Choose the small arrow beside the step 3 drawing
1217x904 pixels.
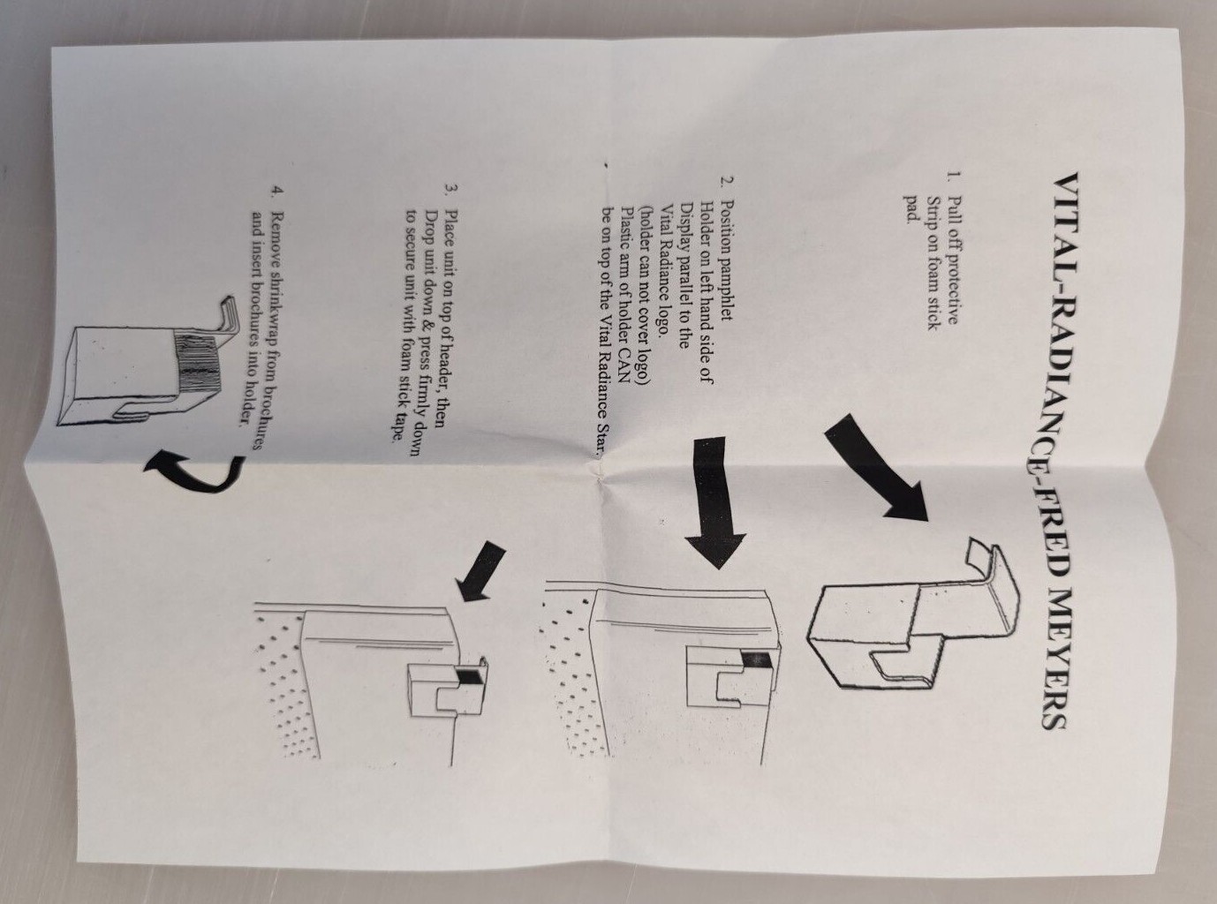coord(480,570)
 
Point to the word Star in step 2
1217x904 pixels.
coord(602,441)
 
